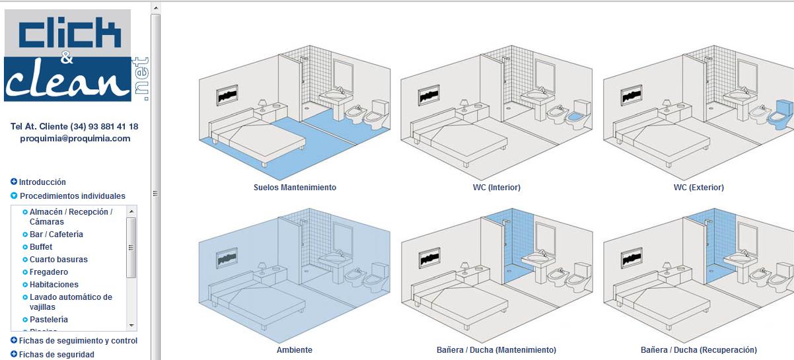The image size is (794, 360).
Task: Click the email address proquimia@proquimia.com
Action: [x=75, y=139]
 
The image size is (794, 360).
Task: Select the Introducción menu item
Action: [x=42, y=182]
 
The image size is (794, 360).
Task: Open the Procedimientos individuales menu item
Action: [x=72, y=196]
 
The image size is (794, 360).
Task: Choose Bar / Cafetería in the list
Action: [x=56, y=234]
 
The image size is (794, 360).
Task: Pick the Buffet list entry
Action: [x=41, y=247]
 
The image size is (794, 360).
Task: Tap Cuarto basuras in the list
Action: [x=58, y=260]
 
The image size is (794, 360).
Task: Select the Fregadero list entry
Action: [x=49, y=272]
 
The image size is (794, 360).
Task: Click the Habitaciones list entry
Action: [x=54, y=285]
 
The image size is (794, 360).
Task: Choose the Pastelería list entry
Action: [x=49, y=320]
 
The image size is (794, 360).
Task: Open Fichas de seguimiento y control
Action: [x=78, y=341]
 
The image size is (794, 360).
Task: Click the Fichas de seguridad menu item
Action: [x=56, y=355]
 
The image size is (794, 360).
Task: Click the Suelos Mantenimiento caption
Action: [x=295, y=188]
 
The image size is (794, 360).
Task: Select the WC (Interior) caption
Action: [x=497, y=188]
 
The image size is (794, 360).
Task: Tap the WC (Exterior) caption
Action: [x=699, y=188]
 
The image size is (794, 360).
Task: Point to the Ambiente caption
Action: [x=295, y=350]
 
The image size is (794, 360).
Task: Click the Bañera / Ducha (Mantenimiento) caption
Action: [x=497, y=350]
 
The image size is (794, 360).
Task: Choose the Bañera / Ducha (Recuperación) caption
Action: [x=699, y=350]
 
